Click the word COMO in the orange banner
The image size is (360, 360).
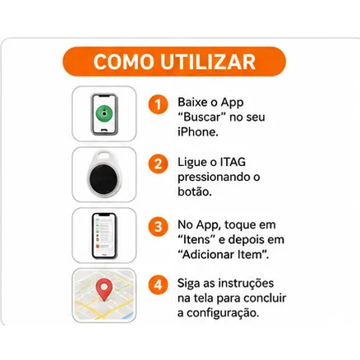pos(123,62)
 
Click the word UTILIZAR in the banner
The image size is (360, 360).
pos(208,62)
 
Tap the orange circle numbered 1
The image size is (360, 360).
pos(158,104)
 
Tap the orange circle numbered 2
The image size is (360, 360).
pos(158,164)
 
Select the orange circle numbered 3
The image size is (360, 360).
pos(158,227)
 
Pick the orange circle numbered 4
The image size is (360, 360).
pos(158,285)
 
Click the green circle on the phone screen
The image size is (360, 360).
pos(104,113)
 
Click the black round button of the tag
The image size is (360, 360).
pos(104,179)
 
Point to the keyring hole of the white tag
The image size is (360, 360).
pos(104,155)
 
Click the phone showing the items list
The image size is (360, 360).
pos(104,235)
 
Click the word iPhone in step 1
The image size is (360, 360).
pos(198,132)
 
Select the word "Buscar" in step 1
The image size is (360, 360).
pos(201,118)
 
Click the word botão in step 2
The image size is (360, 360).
pos(195,192)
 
